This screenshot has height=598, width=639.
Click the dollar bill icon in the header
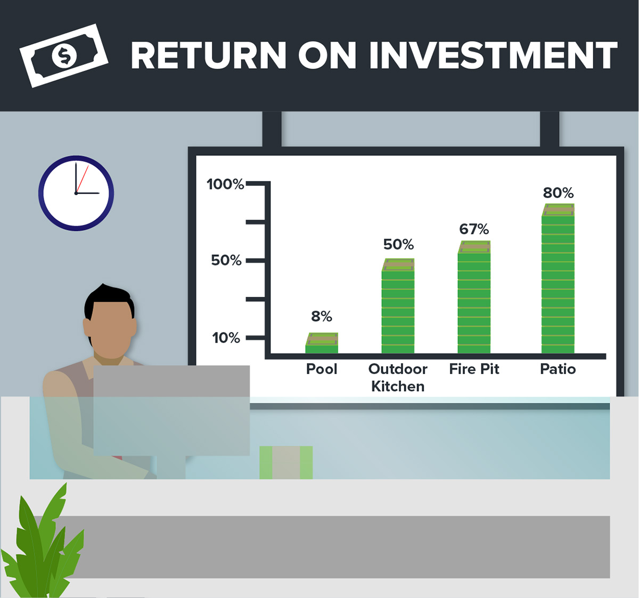(x=64, y=55)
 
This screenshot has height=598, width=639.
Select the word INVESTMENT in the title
(x=493, y=55)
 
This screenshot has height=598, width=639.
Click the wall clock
(x=76, y=193)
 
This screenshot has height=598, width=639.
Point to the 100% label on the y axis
(x=225, y=184)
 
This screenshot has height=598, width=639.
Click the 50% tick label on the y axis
(x=226, y=260)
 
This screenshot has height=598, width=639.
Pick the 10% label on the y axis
(x=226, y=338)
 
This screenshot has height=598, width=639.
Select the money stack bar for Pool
(x=322, y=343)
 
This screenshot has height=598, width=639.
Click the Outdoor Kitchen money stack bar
(x=398, y=306)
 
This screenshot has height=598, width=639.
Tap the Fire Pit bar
(x=474, y=297)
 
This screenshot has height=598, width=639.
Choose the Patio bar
(x=558, y=278)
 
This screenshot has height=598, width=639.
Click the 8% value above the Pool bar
(x=322, y=317)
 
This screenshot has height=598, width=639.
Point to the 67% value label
(x=474, y=229)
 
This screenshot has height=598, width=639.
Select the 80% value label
(x=558, y=193)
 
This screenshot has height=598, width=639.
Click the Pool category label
(x=322, y=369)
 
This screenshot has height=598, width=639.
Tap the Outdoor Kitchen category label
(x=398, y=377)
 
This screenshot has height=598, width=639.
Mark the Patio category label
(x=558, y=369)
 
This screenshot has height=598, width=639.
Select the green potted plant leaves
(x=43, y=543)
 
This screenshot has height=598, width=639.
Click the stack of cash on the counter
(x=286, y=462)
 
